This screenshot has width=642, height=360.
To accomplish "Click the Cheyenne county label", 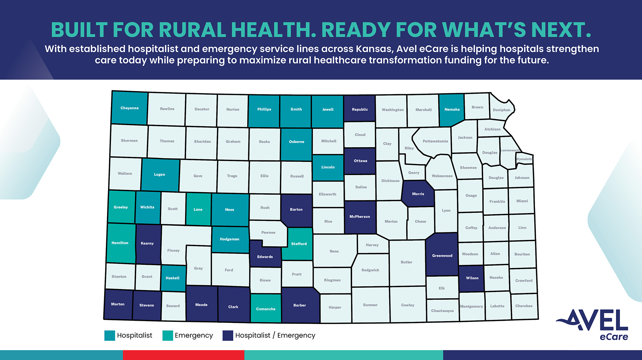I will pos(129,108).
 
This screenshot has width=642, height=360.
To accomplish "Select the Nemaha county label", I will pos(452,109).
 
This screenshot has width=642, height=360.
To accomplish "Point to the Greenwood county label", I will pos(442,256).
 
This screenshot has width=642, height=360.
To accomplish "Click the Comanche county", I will pos(266,308).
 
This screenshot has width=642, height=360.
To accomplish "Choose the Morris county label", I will pos(418,194).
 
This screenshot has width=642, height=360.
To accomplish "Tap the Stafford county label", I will pos(299,244).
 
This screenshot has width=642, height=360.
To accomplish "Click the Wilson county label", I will pos(472,278).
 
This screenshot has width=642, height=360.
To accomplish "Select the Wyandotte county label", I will pos(525,159).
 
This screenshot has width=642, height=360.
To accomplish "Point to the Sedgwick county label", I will pos(370,270).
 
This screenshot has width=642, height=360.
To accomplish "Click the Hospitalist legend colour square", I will pos(109,335).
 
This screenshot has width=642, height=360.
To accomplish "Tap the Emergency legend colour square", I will pos(168,335).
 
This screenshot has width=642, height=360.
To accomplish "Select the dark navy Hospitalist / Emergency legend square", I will pos(228,335).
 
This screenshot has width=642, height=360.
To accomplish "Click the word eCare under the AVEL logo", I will pos(613,337).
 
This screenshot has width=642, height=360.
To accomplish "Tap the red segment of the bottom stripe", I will pos(183,355).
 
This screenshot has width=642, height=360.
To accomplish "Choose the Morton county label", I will pos(118,304).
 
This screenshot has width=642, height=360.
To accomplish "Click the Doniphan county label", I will pos(501,110).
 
